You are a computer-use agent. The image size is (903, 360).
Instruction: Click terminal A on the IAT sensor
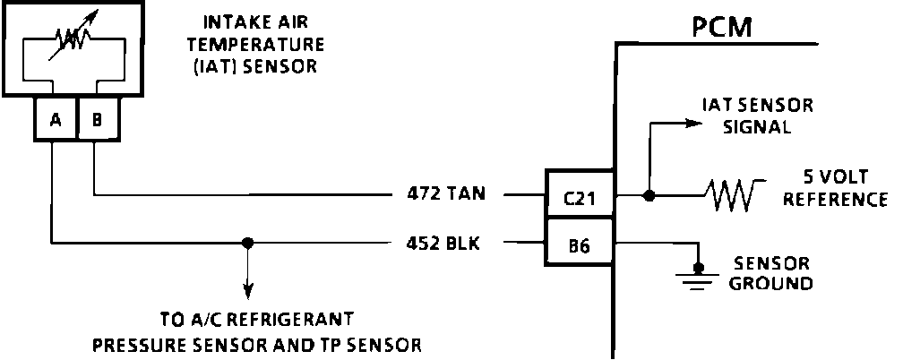pyautogui.click(x=56, y=120)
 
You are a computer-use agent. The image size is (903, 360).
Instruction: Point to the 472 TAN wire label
pyautogui.click(x=444, y=194)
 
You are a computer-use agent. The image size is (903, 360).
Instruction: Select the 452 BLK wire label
pyautogui.click(x=444, y=242)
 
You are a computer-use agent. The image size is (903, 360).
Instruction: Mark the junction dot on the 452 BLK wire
pyautogui.click(x=248, y=242)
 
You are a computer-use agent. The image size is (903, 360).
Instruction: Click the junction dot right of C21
pyautogui.click(x=648, y=194)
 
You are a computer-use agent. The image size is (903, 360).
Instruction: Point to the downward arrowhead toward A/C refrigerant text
pyautogui.click(x=248, y=292)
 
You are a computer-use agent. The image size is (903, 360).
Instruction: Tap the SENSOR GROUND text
pyautogui.click(x=771, y=273)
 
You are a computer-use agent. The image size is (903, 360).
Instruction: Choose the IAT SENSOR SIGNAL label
pyautogui.click(x=756, y=116)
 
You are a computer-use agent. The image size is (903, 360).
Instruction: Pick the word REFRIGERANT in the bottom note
pyautogui.click(x=301, y=320)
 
